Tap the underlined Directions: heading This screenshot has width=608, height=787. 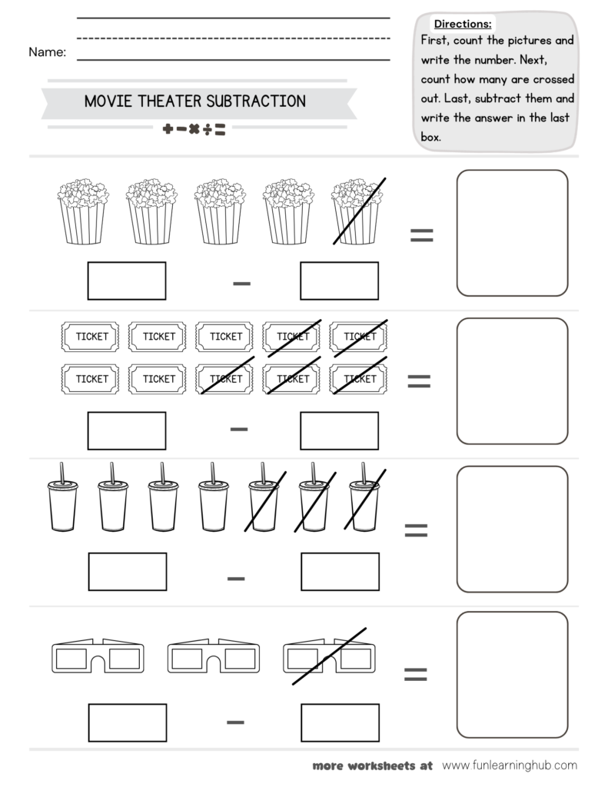[x=463, y=24]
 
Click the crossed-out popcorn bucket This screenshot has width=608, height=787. [x=357, y=211]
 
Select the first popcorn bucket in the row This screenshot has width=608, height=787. [x=82, y=211]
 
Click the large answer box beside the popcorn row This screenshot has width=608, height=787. [x=512, y=233]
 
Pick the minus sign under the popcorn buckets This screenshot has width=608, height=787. [x=241, y=283]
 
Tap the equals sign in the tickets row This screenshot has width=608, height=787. [x=418, y=380]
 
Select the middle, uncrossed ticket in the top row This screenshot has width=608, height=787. [x=225, y=336]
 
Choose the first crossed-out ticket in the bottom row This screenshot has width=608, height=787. [x=225, y=378]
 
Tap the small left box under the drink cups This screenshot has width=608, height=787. [x=127, y=572]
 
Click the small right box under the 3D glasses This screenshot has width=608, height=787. [x=339, y=722]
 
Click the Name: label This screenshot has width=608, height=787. [x=47, y=52]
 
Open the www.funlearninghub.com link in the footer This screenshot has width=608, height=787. [x=510, y=765]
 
